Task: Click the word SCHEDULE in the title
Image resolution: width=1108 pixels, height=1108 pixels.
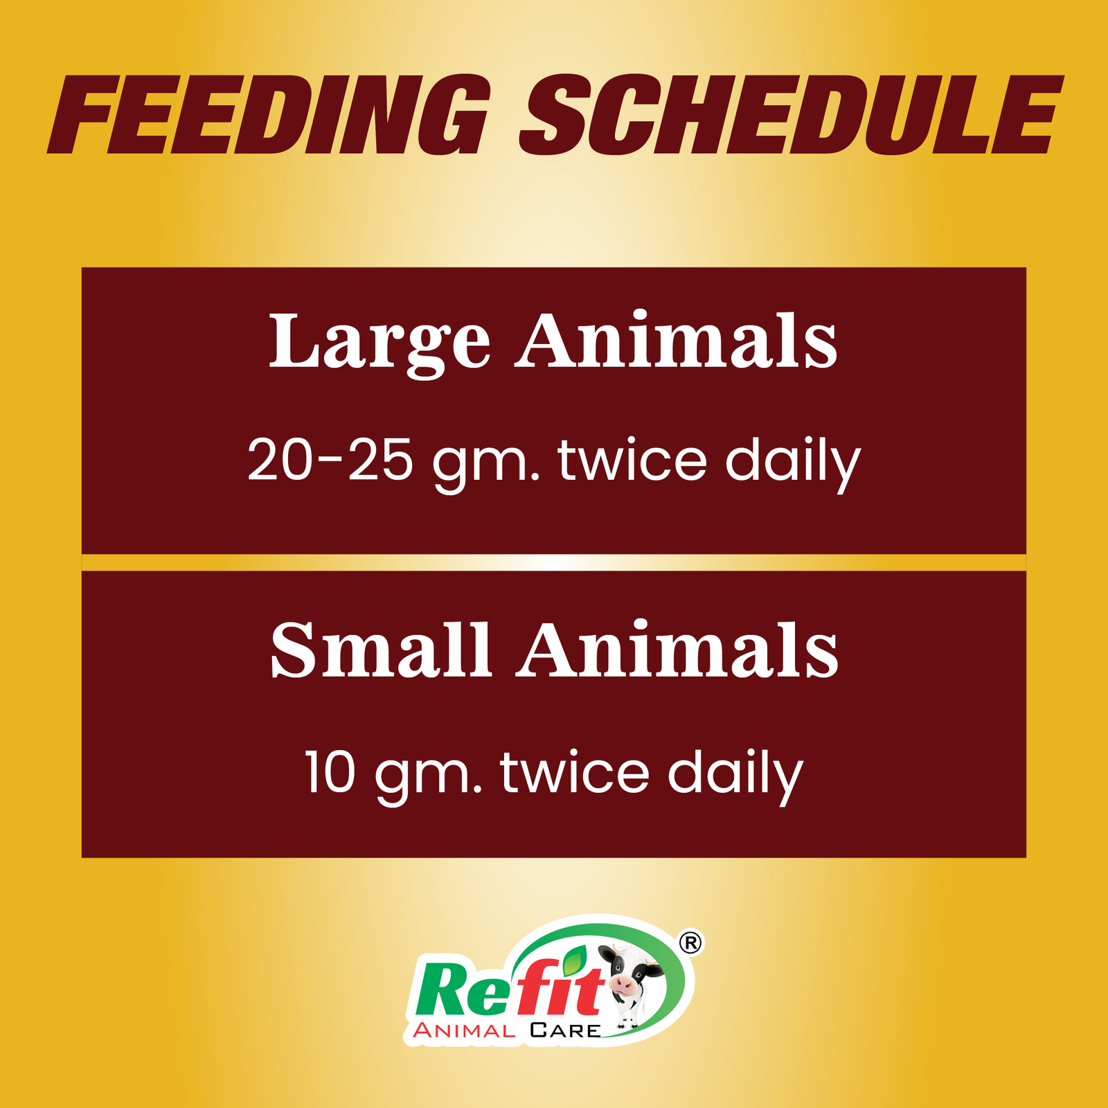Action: click(789, 115)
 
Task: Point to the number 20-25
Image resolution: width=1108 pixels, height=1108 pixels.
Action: click(330, 460)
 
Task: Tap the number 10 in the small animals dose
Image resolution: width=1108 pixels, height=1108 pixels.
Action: click(330, 772)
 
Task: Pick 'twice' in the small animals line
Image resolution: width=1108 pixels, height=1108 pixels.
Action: click(575, 772)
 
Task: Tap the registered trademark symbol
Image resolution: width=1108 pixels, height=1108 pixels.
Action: click(690, 942)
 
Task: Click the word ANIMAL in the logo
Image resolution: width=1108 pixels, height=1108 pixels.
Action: click(464, 1030)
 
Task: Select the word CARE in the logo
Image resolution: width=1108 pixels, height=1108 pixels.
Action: click(565, 1030)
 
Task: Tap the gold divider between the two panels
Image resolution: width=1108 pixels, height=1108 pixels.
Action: click(554, 562)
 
